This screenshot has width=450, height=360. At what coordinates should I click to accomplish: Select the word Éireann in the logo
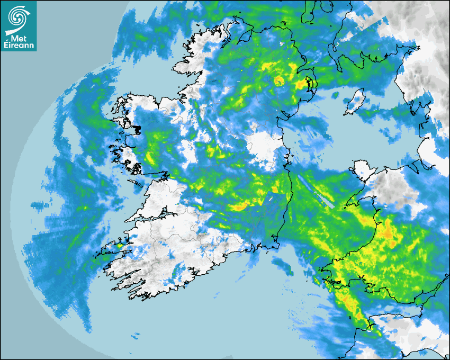coord(19,44)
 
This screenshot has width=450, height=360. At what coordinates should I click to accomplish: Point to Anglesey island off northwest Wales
coord(363,170)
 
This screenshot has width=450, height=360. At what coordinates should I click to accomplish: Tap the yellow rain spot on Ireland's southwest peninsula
coord(120,245)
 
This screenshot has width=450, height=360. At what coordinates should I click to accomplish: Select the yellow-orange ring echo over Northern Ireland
coord(278,80)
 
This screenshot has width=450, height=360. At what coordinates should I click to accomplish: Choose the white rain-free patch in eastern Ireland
coord(265,143)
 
